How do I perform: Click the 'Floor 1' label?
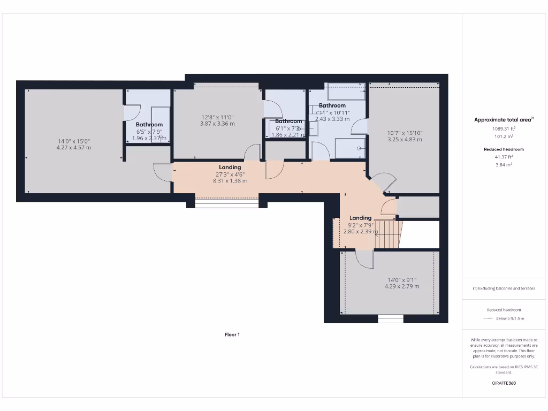[x=232, y=334]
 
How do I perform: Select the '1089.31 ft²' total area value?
[x=504, y=128]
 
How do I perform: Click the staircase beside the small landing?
[x=387, y=234]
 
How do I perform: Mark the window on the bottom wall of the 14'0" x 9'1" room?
[x=390, y=319]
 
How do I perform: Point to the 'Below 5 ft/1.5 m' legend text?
[x=510, y=318]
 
